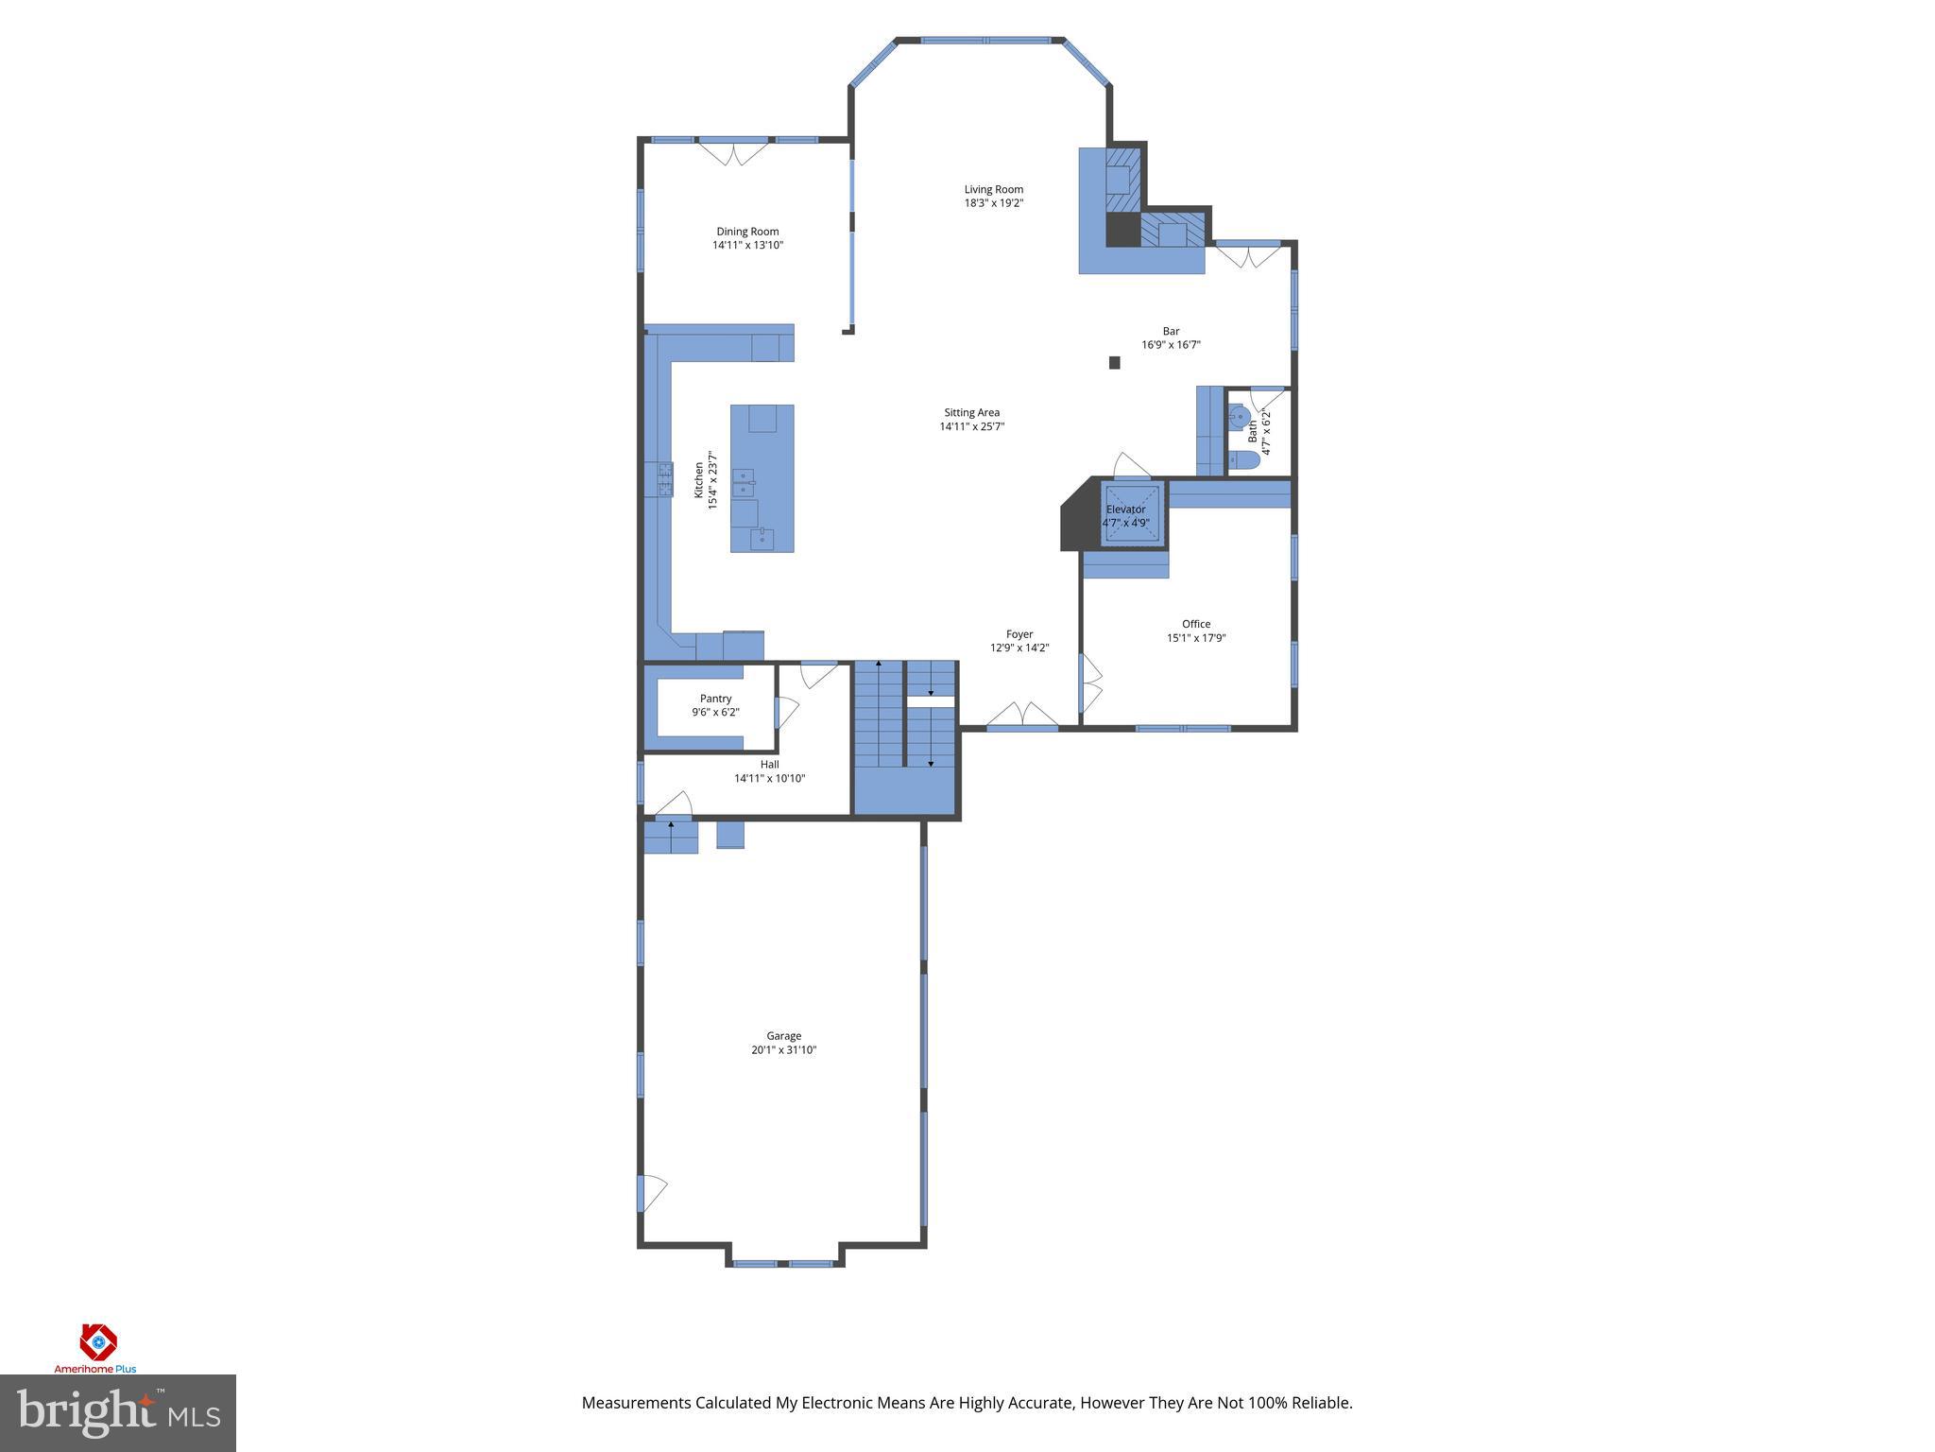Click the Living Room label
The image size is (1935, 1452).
[x=993, y=189]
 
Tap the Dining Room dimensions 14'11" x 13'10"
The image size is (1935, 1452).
[x=747, y=246]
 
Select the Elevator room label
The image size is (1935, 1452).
[x=1125, y=510]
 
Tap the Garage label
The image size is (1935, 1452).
[x=783, y=1036]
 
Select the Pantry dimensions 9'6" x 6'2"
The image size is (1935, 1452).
[x=715, y=713]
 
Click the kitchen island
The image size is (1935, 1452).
[x=762, y=478]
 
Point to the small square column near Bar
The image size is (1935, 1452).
[x=1114, y=362]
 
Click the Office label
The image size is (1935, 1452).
[x=1195, y=624]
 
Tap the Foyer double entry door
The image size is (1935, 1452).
[x=1022, y=717]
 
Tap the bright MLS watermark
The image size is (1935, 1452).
[x=117, y=1413]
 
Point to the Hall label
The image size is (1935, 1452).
[x=769, y=765]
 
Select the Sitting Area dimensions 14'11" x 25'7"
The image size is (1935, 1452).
[x=971, y=426]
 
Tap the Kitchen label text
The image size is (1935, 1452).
[x=699, y=480]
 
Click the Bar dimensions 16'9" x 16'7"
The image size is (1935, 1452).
[x=1171, y=345]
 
